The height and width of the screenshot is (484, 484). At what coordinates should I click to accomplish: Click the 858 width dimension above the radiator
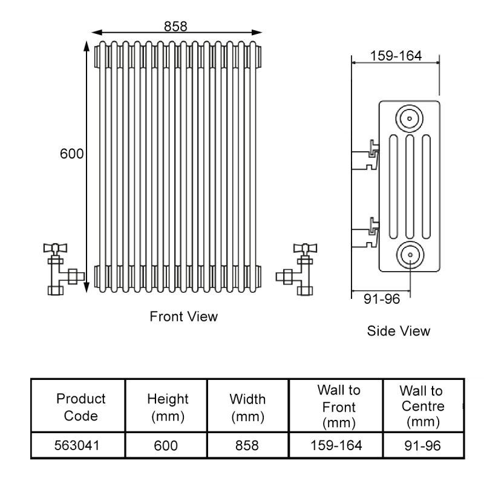pyautogui.click(x=175, y=26)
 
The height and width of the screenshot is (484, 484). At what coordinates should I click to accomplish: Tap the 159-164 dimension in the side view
pyautogui.click(x=396, y=55)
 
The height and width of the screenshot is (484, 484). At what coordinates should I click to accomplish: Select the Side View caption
pyautogui.click(x=399, y=331)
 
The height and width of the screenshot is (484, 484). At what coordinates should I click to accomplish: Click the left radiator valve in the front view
pyautogui.click(x=60, y=269)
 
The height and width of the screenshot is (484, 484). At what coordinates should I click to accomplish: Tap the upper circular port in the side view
pyautogui.click(x=409, y=117)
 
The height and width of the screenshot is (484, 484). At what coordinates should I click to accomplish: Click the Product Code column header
pyautogui.click(x=80, y=407)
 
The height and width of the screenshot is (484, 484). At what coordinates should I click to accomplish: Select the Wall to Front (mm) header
pyautogui.click(x=338, y=406)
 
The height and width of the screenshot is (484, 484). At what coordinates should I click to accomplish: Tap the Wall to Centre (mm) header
pyautogui.click(x=423, y=406)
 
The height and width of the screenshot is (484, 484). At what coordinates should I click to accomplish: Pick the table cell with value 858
pyautogui.click(x=248, y=446)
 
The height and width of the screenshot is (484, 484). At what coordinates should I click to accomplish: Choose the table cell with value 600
pyautogui.click(x=166, y=446)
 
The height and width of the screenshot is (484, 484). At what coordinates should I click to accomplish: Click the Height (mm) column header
pyautogui.click(x=168, y=407)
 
